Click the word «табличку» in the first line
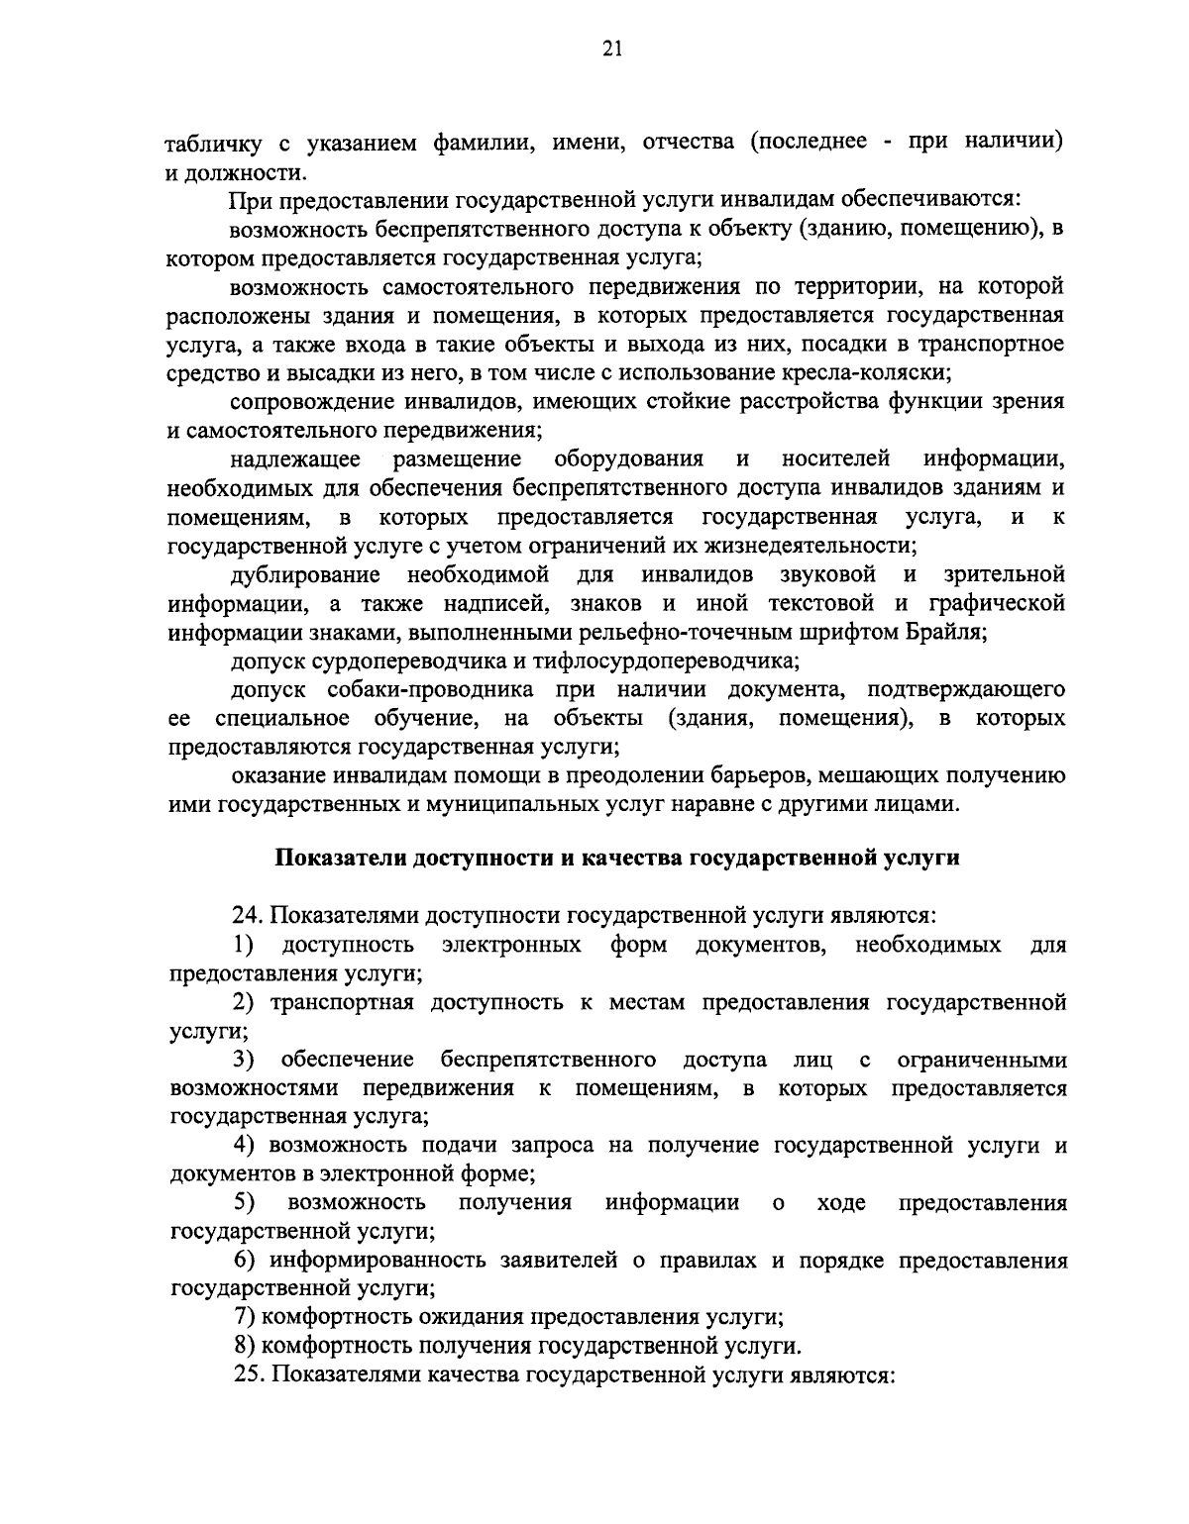[211, 143]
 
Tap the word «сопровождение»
[310, 402]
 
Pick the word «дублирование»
[305, 575]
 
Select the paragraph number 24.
[245, 916]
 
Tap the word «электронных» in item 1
[511, 945]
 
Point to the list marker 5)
[244, 1203]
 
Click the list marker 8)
[244, 1347]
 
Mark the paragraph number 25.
[245, 1376]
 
